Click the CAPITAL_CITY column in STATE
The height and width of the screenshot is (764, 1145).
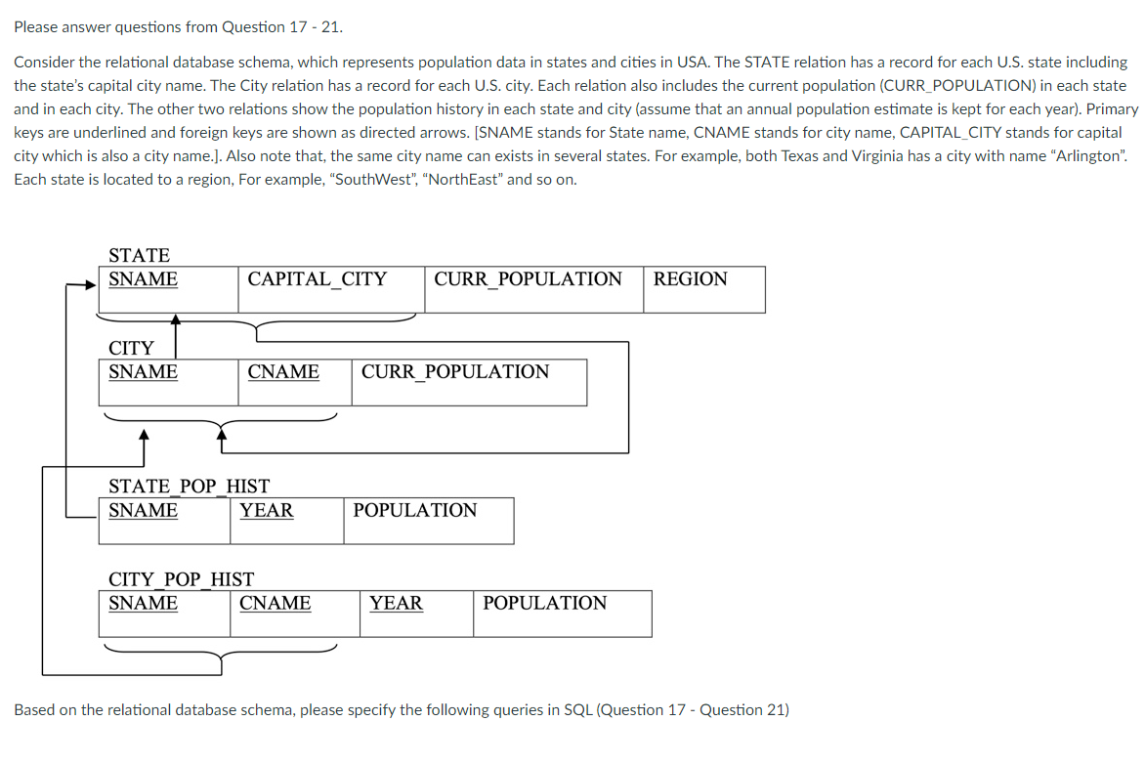pyautogui.click(x=317, y=279)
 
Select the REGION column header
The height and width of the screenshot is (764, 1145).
pyautogui.click(x=690, y=279)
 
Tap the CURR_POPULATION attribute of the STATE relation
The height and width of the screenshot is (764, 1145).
pyautogui.click(x=528, y=279)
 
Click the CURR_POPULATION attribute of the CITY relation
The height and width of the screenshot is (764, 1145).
pyautogui.click(x=455, y=372)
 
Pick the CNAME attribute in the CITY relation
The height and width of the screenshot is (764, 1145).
pyautogui.click(x=283, y=372)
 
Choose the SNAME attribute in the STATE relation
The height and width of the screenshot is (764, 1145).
pyautogui.click(x=143, y=279)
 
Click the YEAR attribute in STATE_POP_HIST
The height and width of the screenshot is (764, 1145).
pyautogui.click(x=267, y=511)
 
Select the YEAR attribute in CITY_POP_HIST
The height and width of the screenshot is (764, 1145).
pyautogui.click(x=396, y=604)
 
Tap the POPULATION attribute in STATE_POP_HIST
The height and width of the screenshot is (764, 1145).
pyautogui.click(x=415, y=511)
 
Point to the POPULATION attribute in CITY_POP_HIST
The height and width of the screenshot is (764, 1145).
pyautogui.click(x=544, y=604)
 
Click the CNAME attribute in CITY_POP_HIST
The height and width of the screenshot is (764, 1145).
pyautogui.click(x=276, y=604)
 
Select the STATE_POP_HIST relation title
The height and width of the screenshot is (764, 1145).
pyautogui.click(x=189, y=486)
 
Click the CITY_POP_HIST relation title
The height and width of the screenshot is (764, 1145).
pyautogui.click(x=181, y=579)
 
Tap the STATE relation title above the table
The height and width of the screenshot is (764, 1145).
pyautogui.click(x=139, y=256)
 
